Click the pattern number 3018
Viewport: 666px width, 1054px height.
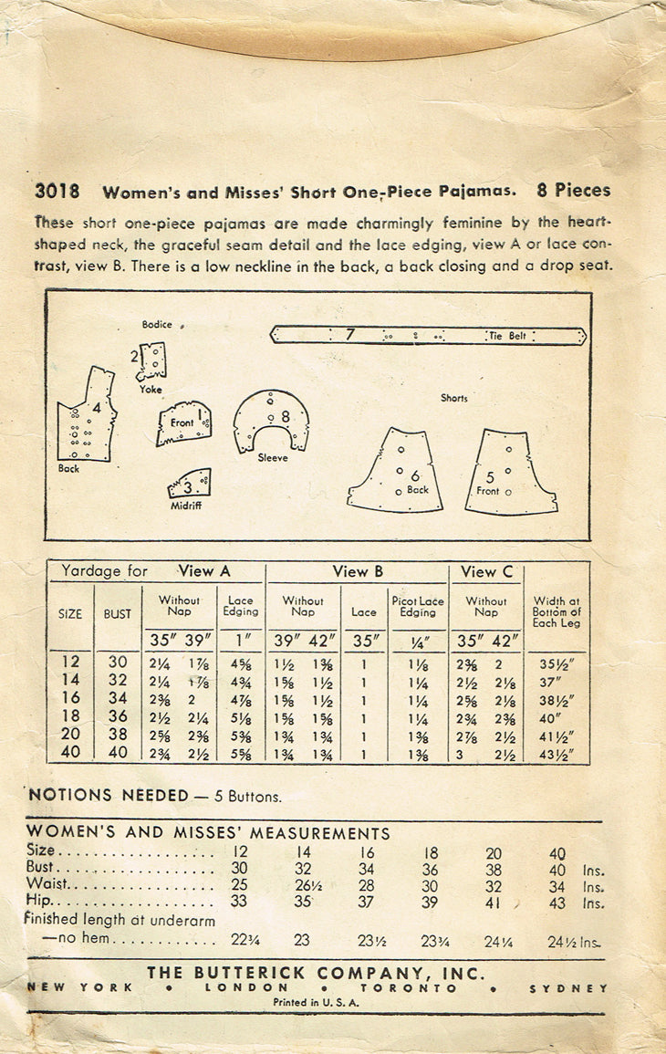tap(56, 192)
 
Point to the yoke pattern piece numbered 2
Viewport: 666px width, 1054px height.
tap(153, 361)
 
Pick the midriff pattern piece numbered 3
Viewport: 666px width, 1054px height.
tap(191, 484)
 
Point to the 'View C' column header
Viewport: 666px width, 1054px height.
tap(486, 572)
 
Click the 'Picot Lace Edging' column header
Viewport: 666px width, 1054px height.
tap(418, 607)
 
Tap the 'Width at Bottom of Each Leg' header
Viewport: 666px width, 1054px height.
tap(557, 611)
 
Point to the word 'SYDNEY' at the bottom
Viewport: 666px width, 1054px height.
tap(578, 988)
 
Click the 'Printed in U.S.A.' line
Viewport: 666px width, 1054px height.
tap(316, 1002)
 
